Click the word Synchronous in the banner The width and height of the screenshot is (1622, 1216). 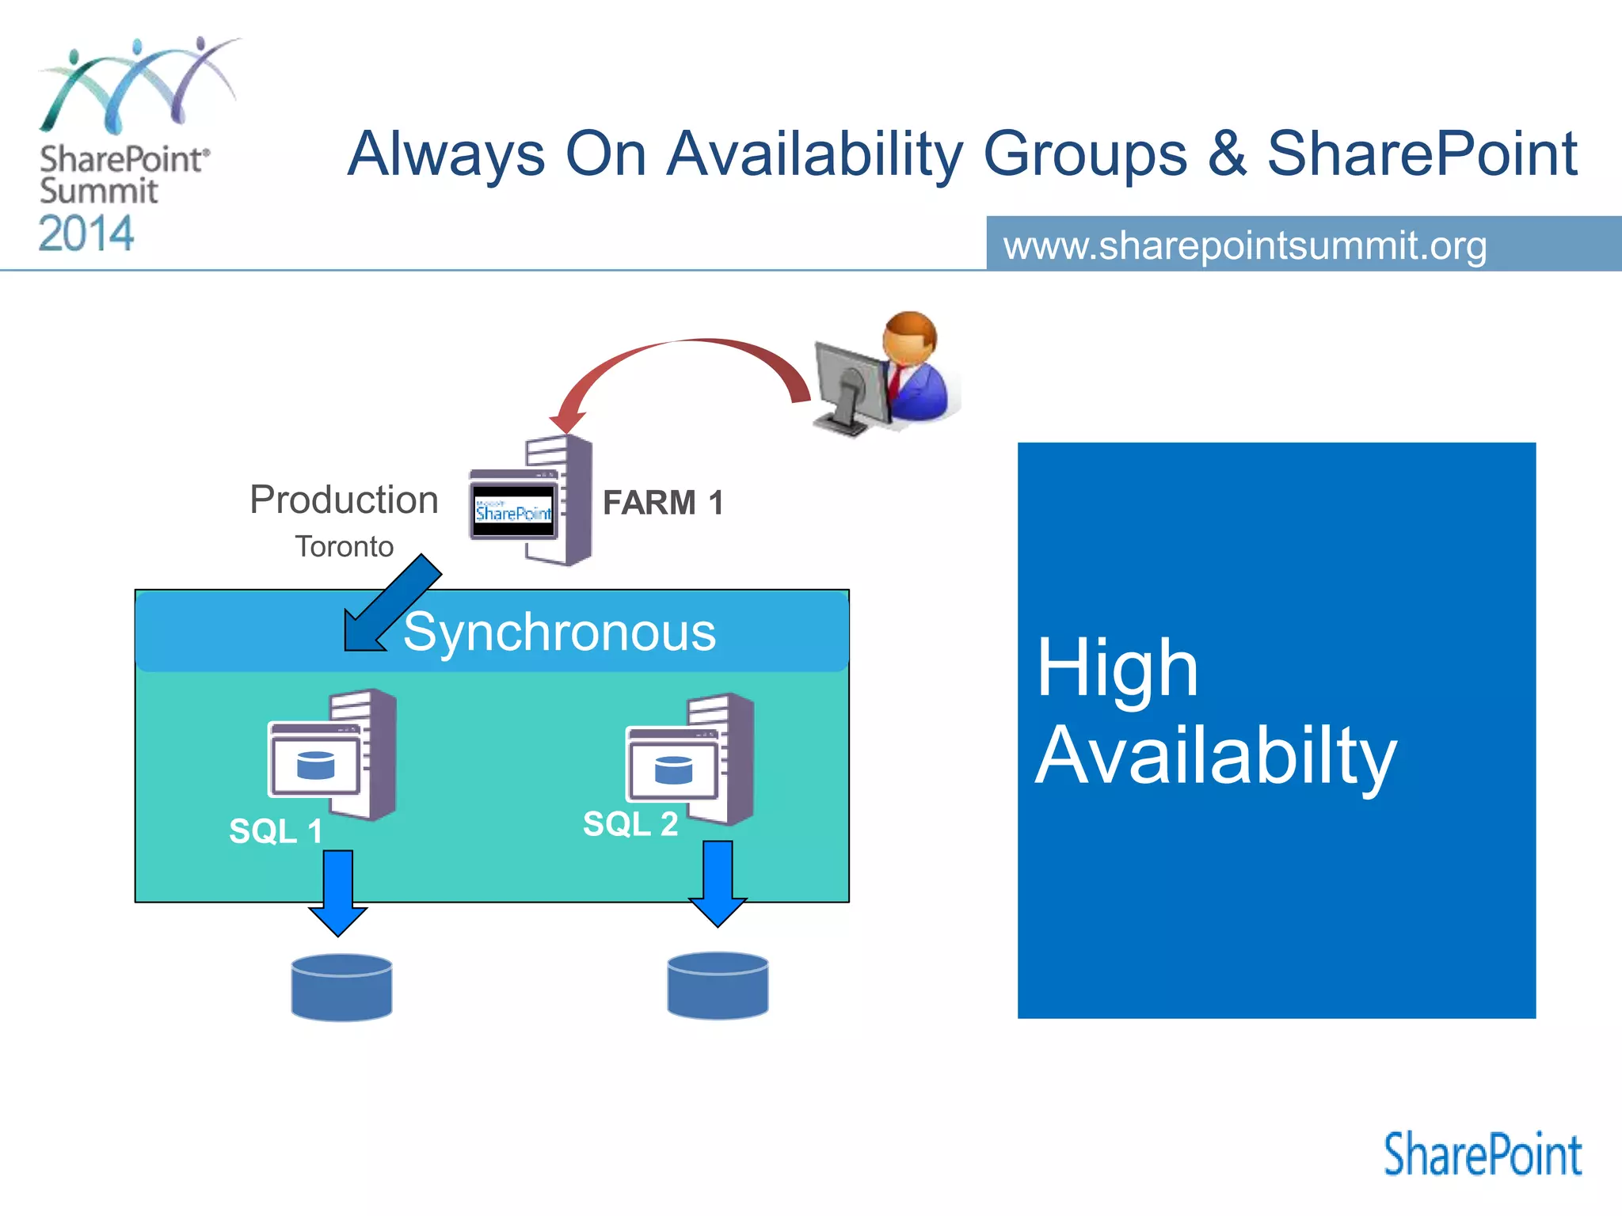pos(559,632)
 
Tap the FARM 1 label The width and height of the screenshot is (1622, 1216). pos(663,503)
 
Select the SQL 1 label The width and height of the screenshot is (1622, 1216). pos(275,831)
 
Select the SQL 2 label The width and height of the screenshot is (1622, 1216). pos(630,824)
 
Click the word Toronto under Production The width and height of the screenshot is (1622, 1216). pos(344,547)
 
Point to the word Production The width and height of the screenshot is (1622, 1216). pos(344,500)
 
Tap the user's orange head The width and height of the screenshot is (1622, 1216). pos(911,336)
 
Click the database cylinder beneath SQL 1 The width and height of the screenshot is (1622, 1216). pos(341,987)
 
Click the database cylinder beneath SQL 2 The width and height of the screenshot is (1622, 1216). pos(718,986)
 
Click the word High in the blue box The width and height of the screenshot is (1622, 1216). pos(1117,669)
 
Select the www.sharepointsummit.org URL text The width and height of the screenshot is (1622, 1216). pos(1245,245)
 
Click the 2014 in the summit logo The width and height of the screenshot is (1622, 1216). pos(86,234)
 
